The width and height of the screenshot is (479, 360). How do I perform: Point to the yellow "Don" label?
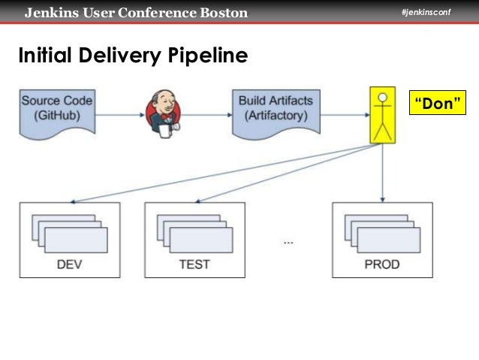(x=438, y=103)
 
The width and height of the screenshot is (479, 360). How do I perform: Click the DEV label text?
(x=69, y=264)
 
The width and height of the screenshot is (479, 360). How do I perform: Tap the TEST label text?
(x=194, y=264)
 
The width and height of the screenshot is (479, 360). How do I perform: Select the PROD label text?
(x=381, y=264)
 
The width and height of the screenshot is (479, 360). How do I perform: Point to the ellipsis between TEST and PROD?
(x=288, y=242)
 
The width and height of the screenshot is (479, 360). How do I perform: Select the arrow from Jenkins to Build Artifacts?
(x=209, y=115)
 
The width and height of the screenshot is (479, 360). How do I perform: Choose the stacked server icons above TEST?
(x=194, y=234)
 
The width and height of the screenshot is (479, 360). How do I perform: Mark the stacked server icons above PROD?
(x=382, y=234)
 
